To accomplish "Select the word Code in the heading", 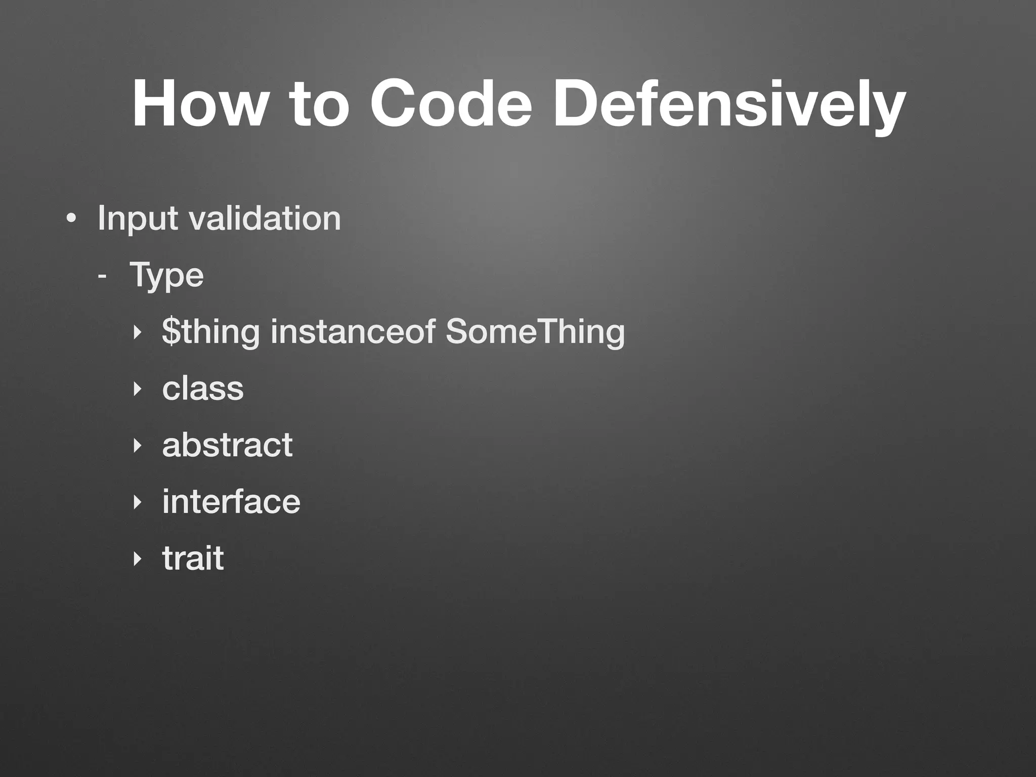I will (451, 104).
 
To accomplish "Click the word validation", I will (264, 218).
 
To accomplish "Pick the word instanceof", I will (353, 332).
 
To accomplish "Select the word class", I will (202, 388).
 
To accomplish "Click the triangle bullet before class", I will (135, 389).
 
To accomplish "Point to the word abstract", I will (227, 445).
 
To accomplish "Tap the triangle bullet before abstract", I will (135, 446).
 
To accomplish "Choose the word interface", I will (231, 502).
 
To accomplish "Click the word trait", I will (193, 558).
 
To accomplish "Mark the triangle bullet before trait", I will (135, 559).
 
